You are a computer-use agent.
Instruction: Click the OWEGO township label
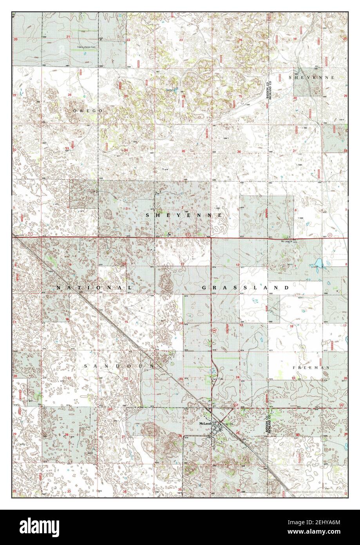[x=87, y=111]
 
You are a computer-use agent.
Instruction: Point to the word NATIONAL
[x=94, y=288]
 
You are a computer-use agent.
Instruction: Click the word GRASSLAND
[x=245, y=288]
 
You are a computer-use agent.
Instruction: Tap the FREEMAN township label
[x=311, y=367]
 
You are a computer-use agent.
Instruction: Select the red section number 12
[x=237, y=265]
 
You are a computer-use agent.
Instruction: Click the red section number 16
[x=67, y=319]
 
